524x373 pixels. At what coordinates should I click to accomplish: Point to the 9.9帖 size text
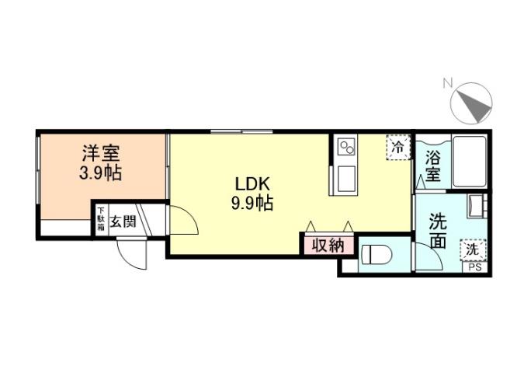(252, 204)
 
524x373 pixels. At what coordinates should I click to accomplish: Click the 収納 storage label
(328, 245)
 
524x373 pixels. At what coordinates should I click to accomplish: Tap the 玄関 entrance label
(123, 221)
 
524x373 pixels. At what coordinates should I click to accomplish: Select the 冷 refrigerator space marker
(398, 147)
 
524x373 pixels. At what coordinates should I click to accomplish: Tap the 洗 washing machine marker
(472, 250)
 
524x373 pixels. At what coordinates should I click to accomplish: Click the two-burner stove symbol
(345, 145)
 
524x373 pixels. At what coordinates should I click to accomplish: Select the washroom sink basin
(475, 207)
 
